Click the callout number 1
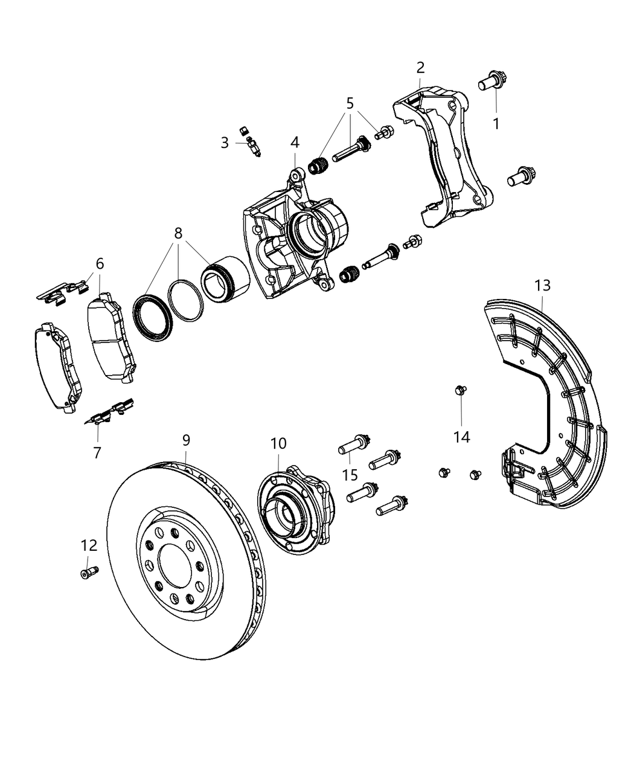tap(496, 124)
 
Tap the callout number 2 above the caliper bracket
tap(420, 66)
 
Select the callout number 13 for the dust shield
tap(542, 285)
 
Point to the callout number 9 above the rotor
tap(186, 440)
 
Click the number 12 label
tap(89, 545)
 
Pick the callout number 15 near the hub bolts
tap(350, 475)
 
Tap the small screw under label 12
tap(89, 571)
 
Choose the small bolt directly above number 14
tap(460, 390)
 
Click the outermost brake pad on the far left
tap(56, 367)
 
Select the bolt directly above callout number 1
tap(494, 81)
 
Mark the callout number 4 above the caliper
tap(295, 143)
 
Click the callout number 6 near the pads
tap(100, 263)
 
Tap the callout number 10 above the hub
tap(278, 444)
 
